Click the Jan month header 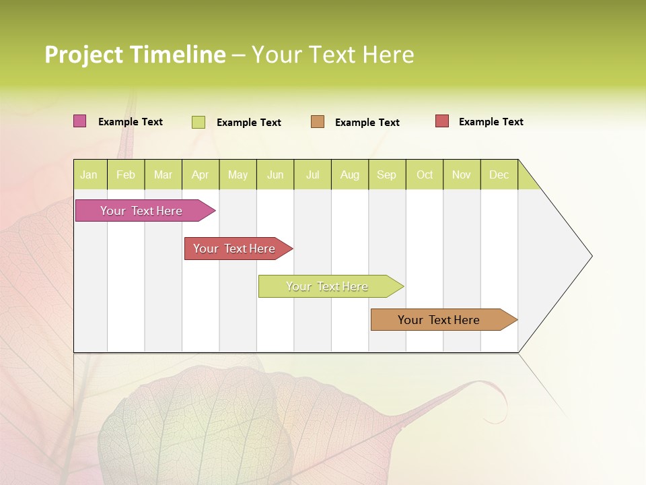(89, 174)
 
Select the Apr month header (200, 174)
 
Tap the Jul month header (312, 174)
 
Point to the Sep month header (386, 174)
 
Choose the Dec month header (499, 174)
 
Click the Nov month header (461, 174)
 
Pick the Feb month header (126, 174)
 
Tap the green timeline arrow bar (328, 286)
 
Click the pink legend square (79, 121)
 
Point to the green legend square (198, 122)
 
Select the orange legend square (318, 122)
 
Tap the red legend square (441, 121)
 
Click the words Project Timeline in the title (135, 55)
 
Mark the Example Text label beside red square (491, 122)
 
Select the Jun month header (275, 174)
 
